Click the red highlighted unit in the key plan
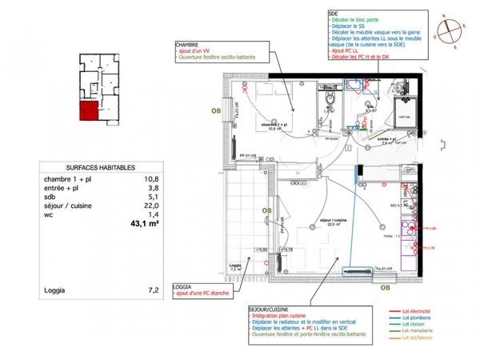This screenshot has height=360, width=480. [x=86, y=111]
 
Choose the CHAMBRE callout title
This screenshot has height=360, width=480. [x=189, y=46]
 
